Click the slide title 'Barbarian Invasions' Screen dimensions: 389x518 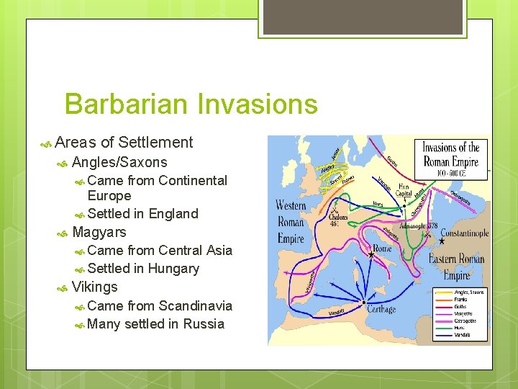pos(191,104)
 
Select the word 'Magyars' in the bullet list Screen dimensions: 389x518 pos(99,232)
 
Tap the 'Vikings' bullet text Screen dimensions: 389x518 pos(95,287)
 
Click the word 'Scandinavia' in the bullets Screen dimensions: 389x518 pos(195,305)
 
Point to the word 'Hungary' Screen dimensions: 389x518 pos(173,269)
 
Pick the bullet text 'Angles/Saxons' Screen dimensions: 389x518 pos(119,162)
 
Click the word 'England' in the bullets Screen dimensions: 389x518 pos(173,214)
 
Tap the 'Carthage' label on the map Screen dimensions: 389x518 pos(381,309)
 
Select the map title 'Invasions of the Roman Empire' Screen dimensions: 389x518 pos(450,154)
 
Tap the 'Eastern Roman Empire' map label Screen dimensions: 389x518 pos(456,267)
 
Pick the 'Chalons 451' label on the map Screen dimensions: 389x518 pos(338,220)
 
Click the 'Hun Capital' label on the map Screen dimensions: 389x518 pos(404,190)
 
